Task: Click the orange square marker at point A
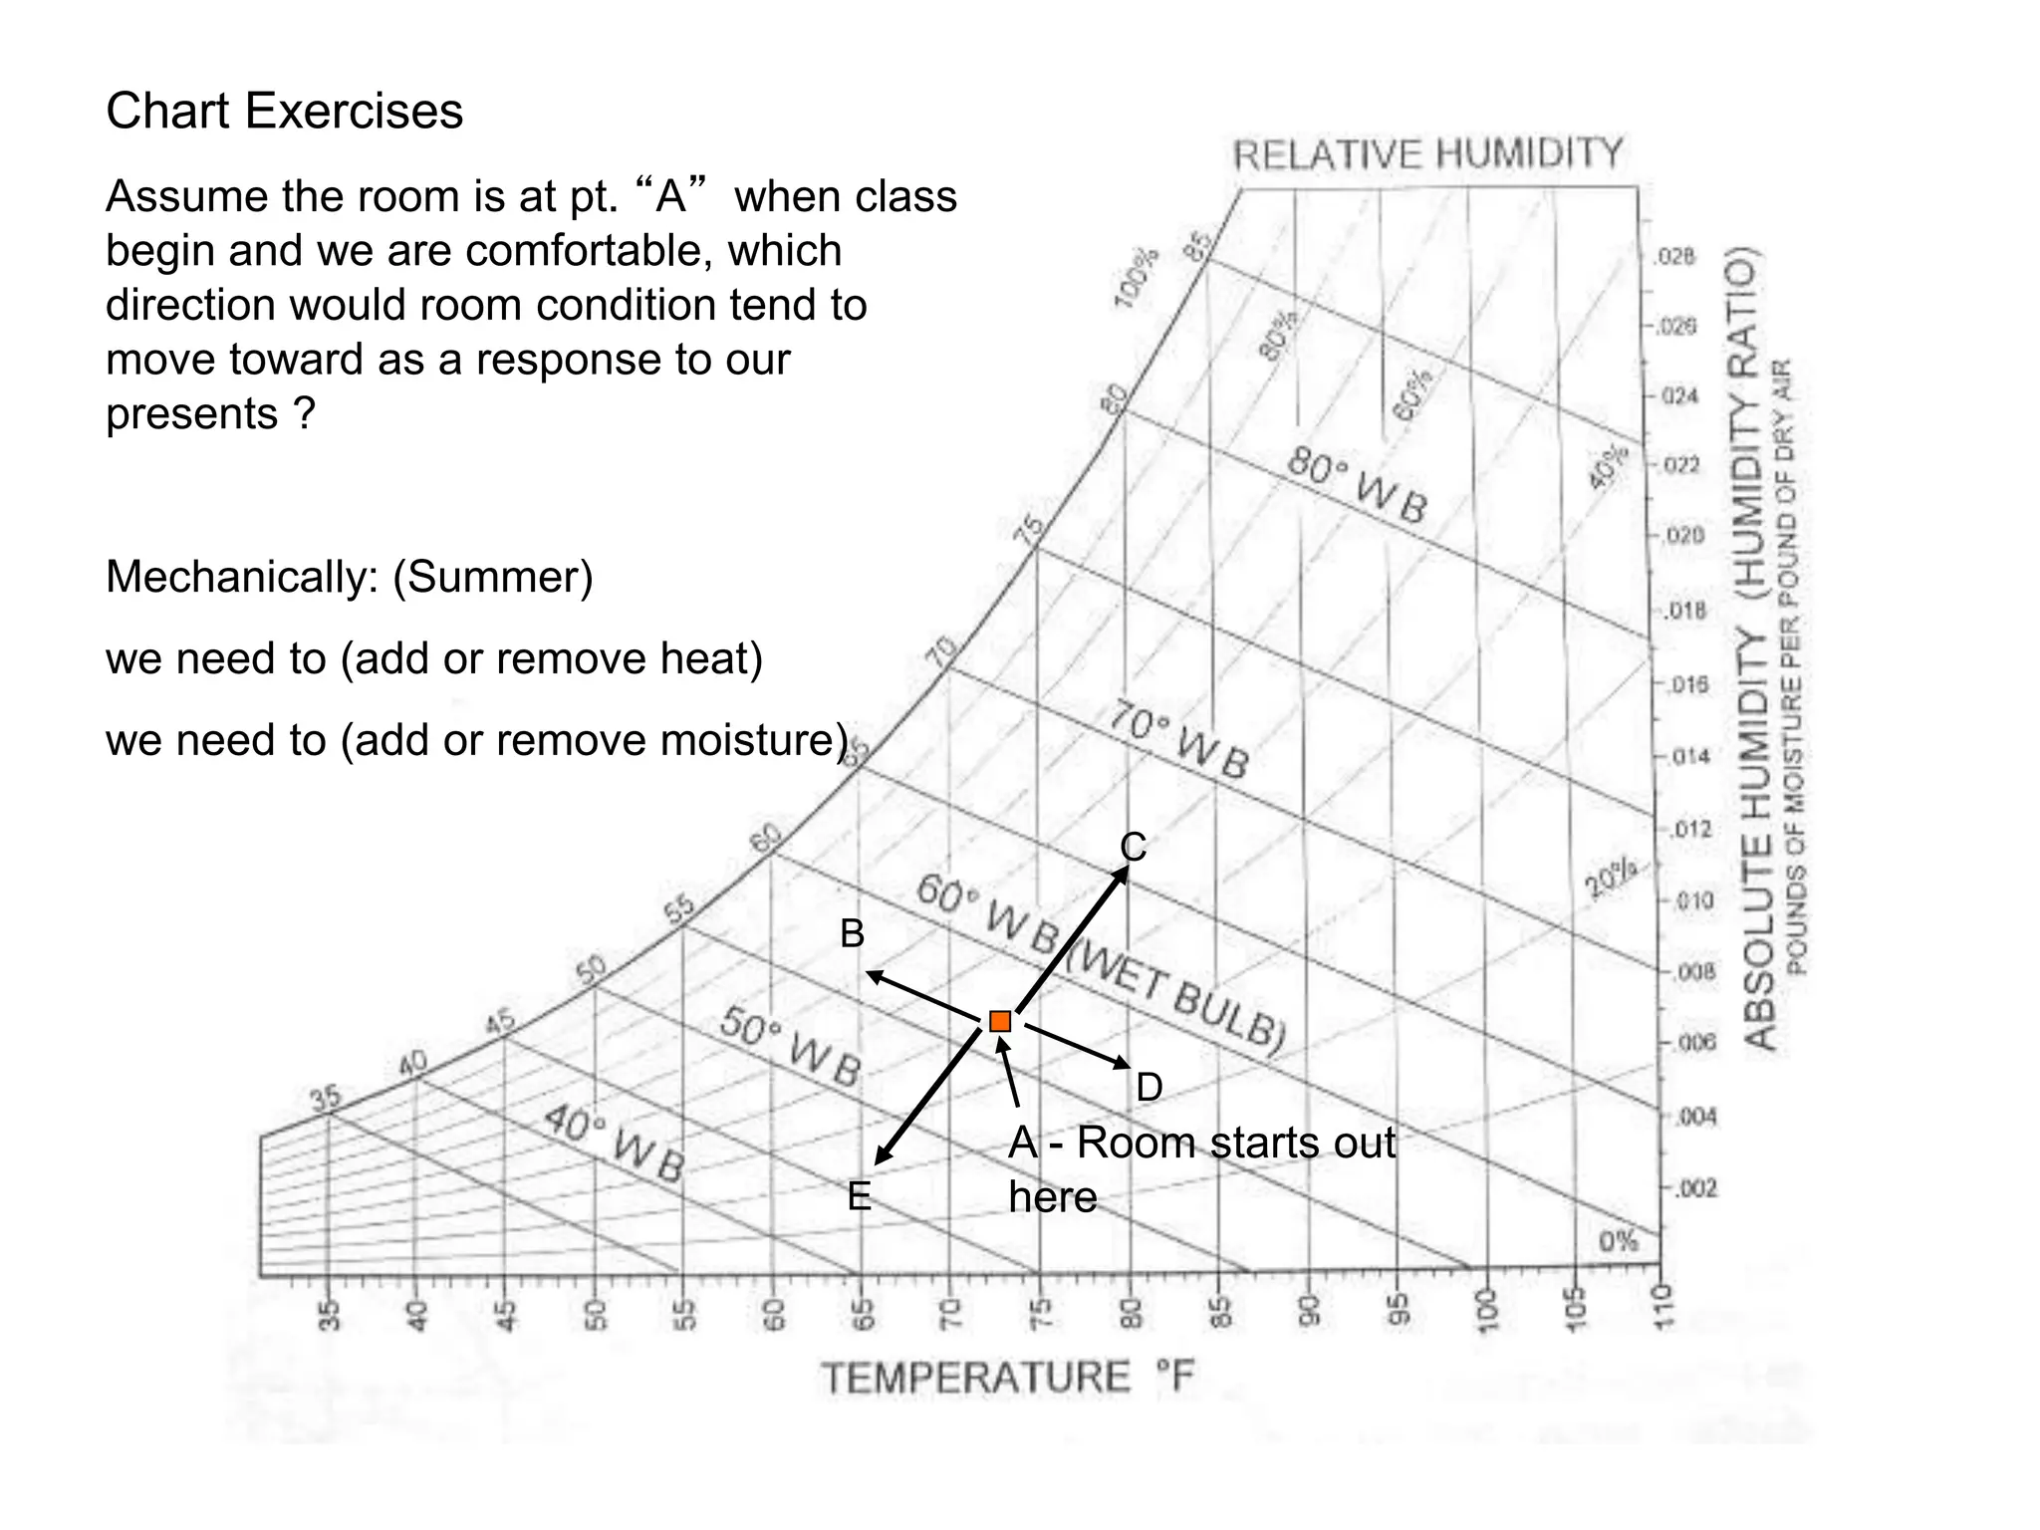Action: [1000, 1021]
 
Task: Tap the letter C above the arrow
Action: [1134, 848]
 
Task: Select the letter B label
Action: [852, 934]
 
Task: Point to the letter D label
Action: [1148, 1088]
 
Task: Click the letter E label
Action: [859, 1196]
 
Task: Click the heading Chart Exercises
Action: [285, 111]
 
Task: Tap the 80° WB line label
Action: [1357, 485]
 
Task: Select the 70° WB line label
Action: [1178, 742]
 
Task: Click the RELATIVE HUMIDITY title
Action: [1427, 155]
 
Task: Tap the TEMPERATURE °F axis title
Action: [1006, 1379]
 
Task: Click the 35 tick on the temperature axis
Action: [330, 1315]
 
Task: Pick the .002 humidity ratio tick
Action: [1694, 1188]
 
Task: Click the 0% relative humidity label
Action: [1618, 1241]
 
